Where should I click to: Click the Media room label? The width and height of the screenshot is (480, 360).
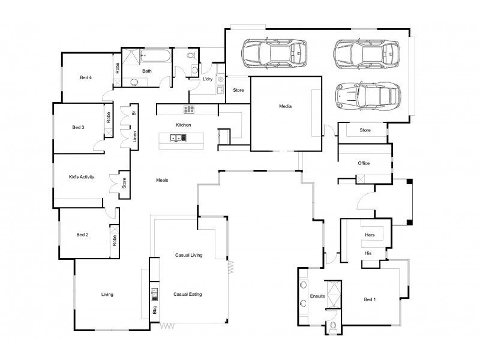(x=285, y=106)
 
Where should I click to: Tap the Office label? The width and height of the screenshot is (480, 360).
(x=364, y=163)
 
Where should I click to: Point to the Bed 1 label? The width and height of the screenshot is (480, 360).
(x=370, y=299)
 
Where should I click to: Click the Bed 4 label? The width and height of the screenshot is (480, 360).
(x=86, y=77)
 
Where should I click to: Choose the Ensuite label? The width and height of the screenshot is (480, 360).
(x=317, y=296)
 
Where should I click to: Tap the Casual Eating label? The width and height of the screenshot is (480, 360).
(x=187, y=295)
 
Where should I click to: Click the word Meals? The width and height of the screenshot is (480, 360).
(x=162, y=180)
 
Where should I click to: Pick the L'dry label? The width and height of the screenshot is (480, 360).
(x=208, y=79)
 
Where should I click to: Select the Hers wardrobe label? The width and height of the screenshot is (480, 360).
(x=370, y=235)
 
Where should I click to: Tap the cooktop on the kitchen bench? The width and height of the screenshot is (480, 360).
(x=189, y=109)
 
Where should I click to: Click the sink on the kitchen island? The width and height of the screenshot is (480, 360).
(x=178, y=138)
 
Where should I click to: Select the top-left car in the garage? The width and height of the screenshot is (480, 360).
(x=274, y=54)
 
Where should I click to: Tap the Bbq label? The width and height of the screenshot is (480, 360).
(x=154, y=311)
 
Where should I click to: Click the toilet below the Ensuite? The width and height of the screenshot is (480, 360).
(x=332, y=327)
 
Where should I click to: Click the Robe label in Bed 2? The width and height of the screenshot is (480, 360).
(x=114, y=241)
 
